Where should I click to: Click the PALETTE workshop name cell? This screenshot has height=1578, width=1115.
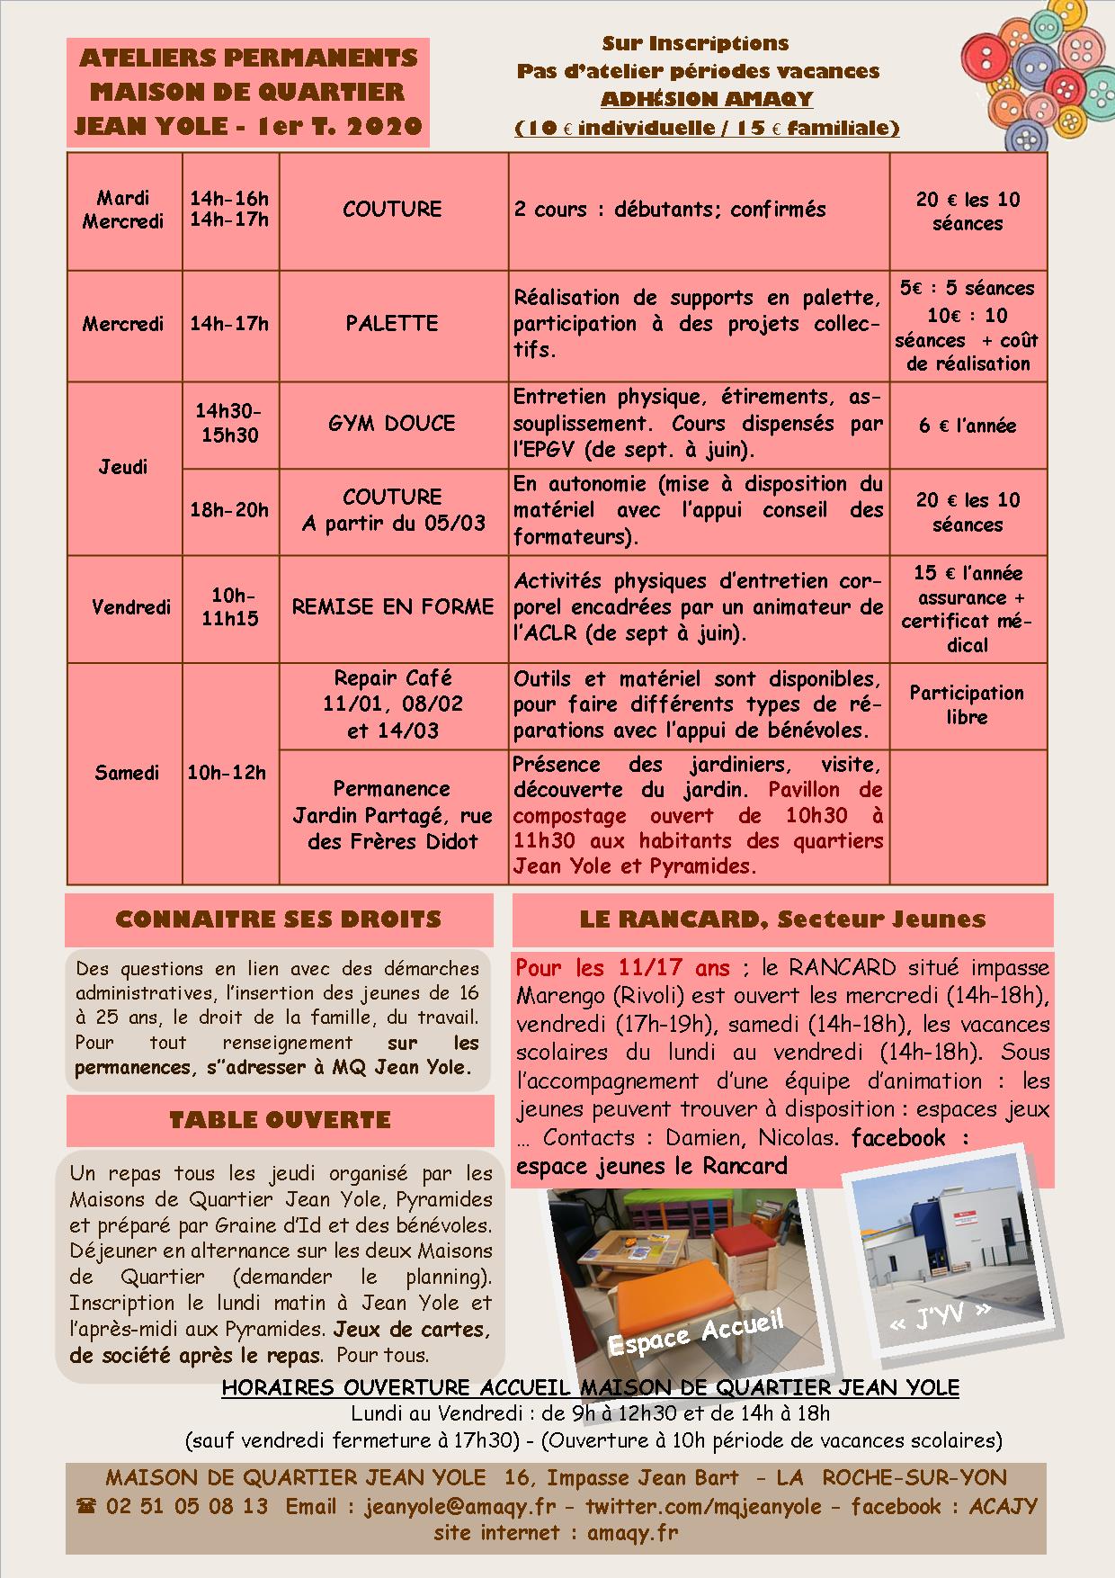coord(392,324)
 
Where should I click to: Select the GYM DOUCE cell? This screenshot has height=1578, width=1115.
coord(392,424)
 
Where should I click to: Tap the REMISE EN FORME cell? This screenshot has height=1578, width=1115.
coord(393,607)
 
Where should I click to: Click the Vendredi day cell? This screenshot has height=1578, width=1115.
coord(131,608)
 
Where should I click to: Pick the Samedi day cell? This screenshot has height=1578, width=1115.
coord(126,773)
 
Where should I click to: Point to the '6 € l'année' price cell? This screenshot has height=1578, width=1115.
coord(968,426)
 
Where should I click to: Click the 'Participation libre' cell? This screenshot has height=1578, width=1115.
coord(967,705)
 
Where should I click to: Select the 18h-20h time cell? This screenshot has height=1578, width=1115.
coord(229,511)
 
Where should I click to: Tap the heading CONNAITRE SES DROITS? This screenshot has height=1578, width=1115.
coord(279,919)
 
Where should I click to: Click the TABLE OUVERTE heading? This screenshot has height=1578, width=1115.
coord(280,1120)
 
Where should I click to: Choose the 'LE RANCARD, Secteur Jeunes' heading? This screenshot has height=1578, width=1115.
coord(782,919)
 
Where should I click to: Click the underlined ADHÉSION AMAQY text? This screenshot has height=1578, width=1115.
coord(707,99)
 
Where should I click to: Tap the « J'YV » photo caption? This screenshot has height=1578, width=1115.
coord(940,1315)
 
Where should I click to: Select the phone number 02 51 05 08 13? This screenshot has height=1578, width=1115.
coord(186,1506)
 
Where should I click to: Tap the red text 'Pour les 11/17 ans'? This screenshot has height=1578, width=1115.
coord(623,969)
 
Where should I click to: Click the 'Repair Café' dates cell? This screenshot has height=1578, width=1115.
coord(393,704)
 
